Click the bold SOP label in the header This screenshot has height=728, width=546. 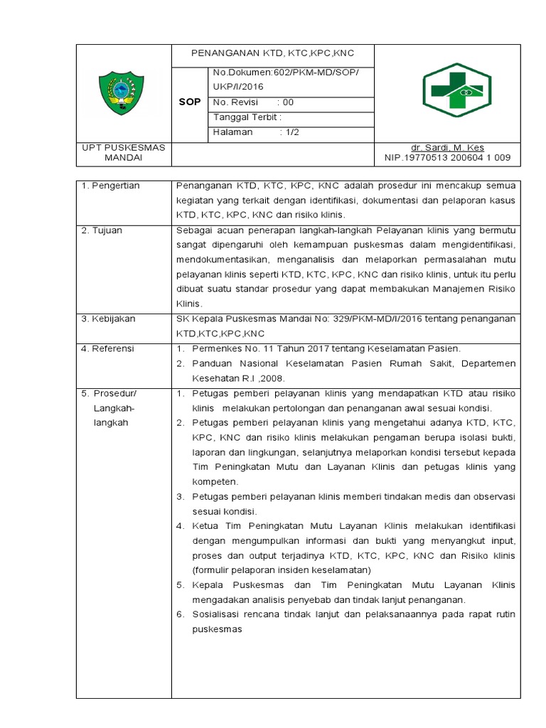point(190,102)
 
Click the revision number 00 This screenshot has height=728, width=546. point(288,102)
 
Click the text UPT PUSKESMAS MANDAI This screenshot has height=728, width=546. point(124,152)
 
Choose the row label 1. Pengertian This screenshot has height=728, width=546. point(110,186)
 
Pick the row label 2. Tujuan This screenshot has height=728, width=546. point(102,231)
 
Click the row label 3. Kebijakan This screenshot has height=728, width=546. point(107,320)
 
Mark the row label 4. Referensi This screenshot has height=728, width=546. point(107,349)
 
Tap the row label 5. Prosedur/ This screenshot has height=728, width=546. point(109,394)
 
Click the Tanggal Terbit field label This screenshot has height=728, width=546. point(247,117)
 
